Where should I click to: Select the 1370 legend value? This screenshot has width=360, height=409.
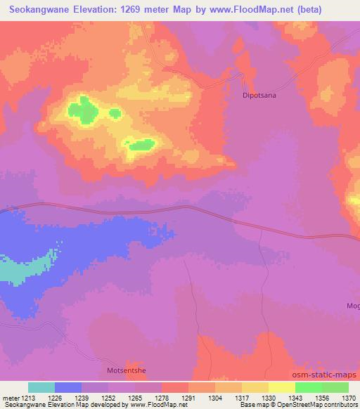point(349,398)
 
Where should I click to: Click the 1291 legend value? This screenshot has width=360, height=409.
point(188,398)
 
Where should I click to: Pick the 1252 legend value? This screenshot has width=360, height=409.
point(108,398)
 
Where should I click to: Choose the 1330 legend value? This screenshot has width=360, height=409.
point(269,398)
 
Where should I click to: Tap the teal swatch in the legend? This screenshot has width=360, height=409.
point(41,387)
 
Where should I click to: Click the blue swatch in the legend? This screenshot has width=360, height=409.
point(68,387)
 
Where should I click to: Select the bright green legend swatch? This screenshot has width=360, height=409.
point(309,387)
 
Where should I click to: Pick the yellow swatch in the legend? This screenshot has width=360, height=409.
point(282,387)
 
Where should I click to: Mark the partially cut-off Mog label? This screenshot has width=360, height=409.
point(352,306)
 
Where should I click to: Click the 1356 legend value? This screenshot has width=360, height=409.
point(322,398)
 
